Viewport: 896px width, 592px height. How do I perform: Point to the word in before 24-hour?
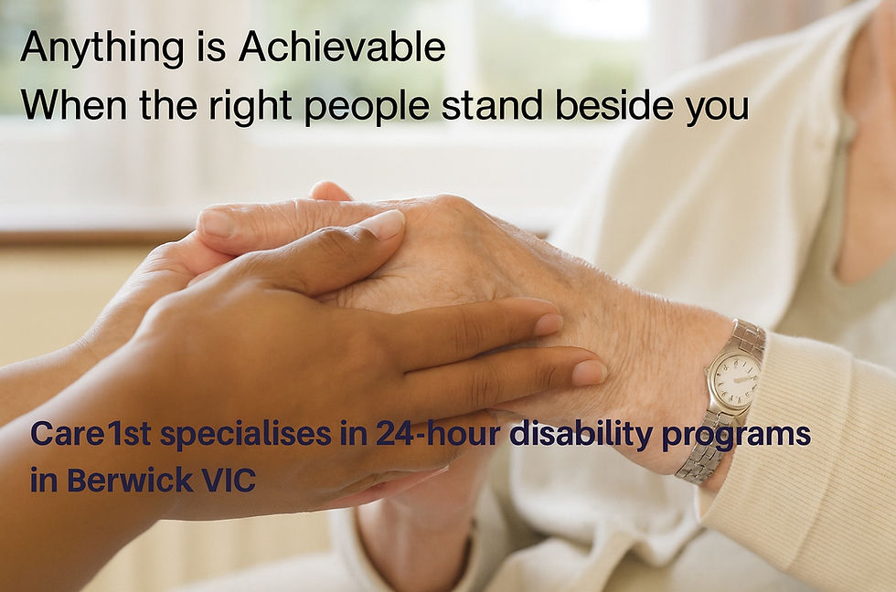351,436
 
